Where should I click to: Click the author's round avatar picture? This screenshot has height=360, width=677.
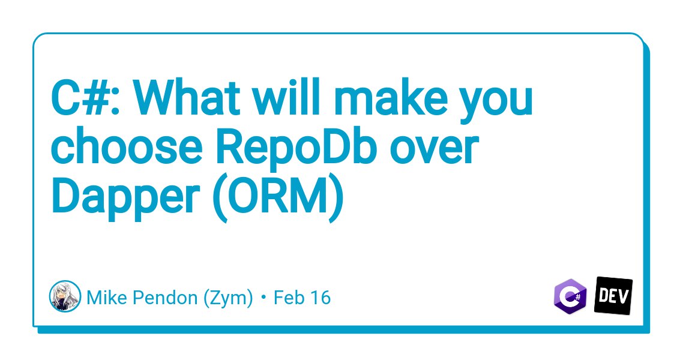click(65, 296)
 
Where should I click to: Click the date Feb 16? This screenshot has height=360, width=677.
click(302, 298)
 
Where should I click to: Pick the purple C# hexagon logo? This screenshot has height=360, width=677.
click(570, 296)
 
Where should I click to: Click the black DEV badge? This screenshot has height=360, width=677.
click(613, 296)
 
